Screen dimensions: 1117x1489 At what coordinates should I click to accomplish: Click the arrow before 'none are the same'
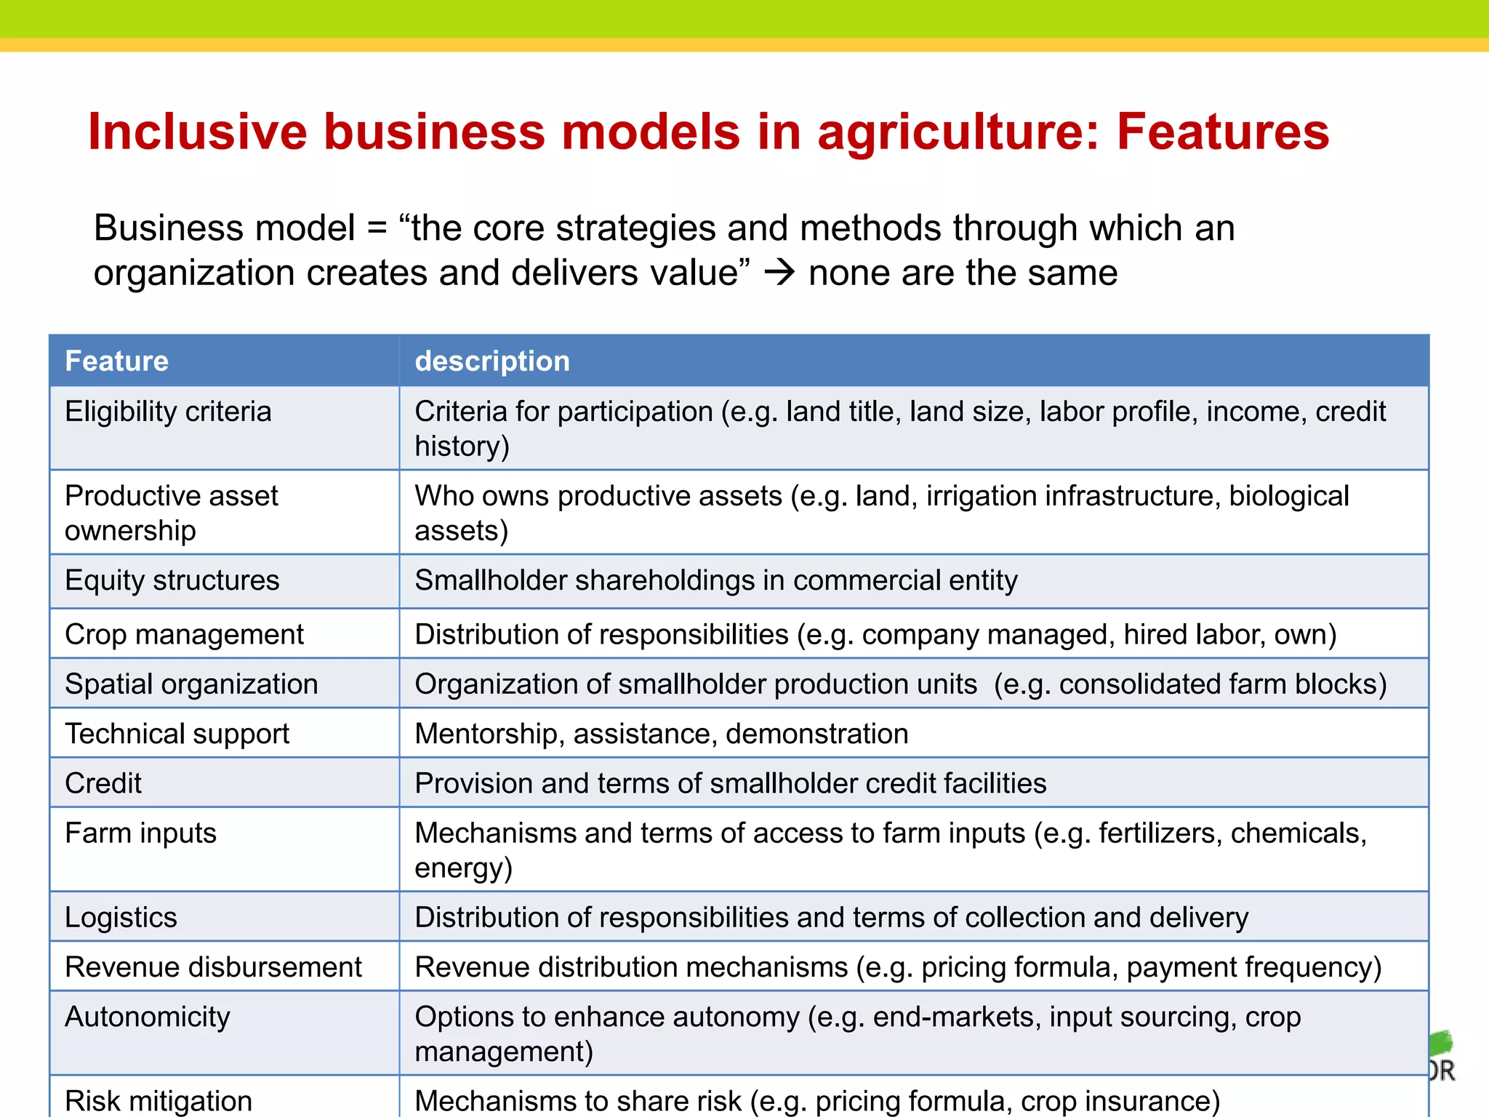(x=779, y=273)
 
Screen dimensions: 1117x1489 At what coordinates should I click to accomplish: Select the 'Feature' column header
(x=116, y=361)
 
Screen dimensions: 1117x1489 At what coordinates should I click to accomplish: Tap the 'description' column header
(x=492, y=361)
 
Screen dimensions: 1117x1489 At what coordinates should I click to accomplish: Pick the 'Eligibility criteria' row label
(x=168, y=412)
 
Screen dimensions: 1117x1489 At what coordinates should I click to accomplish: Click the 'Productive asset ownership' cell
(x=172, y=513)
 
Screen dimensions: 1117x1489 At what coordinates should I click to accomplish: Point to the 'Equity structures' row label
(x=172, y=580)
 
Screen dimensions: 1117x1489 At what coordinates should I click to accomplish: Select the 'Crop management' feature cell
(x=184, y=634)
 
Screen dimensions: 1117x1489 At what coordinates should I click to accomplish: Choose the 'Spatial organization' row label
(x=191, y=684)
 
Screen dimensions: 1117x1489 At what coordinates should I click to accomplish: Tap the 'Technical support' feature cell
(x=177, y=734)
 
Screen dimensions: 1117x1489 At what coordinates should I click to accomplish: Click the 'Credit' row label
(x=103, y=783)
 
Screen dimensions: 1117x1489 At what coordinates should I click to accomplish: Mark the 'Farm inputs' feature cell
(x=140, y=833)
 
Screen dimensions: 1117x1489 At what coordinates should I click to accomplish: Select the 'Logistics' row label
(x=121, y=917)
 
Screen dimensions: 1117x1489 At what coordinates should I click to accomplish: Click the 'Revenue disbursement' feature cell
(x=213, y=967)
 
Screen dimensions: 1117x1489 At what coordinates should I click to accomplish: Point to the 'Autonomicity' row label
(x=147, y=1017)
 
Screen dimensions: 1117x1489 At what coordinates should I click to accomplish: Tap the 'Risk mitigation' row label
(x=158, y=1101)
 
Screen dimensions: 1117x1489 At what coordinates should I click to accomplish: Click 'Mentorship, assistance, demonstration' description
(x=662, y=734)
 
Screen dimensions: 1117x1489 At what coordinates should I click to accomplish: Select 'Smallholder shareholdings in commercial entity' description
(x=716, y=580)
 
